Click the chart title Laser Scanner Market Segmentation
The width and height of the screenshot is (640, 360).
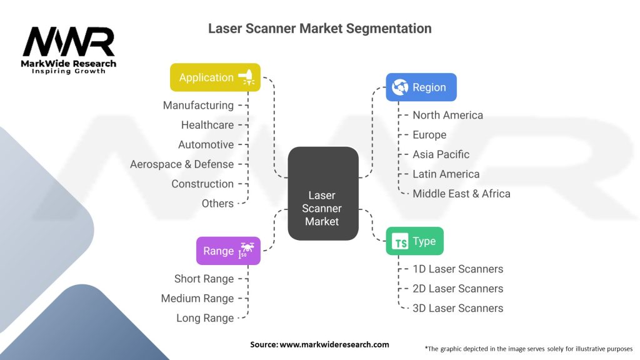coord(319,29)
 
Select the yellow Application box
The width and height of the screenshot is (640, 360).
coord(215,77)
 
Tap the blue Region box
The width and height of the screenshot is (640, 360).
coord(421,87)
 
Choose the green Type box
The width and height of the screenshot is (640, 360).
coord(414,241)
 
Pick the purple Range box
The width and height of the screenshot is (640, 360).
coord(227,251)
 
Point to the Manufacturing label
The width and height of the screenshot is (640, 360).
coord(198,106)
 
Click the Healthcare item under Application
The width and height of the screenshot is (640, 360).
coord(207,125)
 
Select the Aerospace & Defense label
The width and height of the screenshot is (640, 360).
coord(181,164)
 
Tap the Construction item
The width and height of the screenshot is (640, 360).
coord(202,184)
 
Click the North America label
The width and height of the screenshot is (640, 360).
coord(447,115)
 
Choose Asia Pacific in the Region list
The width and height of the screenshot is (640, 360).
coord(441,154)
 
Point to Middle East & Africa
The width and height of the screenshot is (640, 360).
coord(461,194)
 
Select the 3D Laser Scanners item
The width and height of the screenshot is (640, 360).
coord(457,308)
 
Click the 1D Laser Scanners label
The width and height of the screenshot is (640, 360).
coord(457,269)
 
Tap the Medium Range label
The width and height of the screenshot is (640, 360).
coord(197,299)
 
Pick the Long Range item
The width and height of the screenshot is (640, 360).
coord(204,318)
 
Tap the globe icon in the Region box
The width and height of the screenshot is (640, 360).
coord(400,87)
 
